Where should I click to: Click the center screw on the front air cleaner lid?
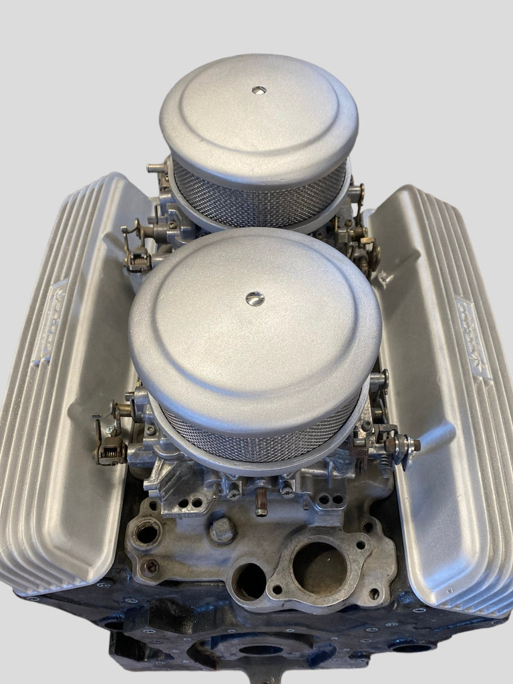[254, 299]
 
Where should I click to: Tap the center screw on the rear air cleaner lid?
[259, 90]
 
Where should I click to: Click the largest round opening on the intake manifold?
[319, 568]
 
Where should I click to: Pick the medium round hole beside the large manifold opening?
[250, 581]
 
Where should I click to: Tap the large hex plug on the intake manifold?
[222, 531]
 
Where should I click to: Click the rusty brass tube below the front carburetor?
[261, 501]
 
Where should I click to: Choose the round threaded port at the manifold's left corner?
[147, 533]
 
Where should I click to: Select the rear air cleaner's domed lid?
[259, 114]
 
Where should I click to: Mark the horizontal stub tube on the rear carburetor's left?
[157, 168]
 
